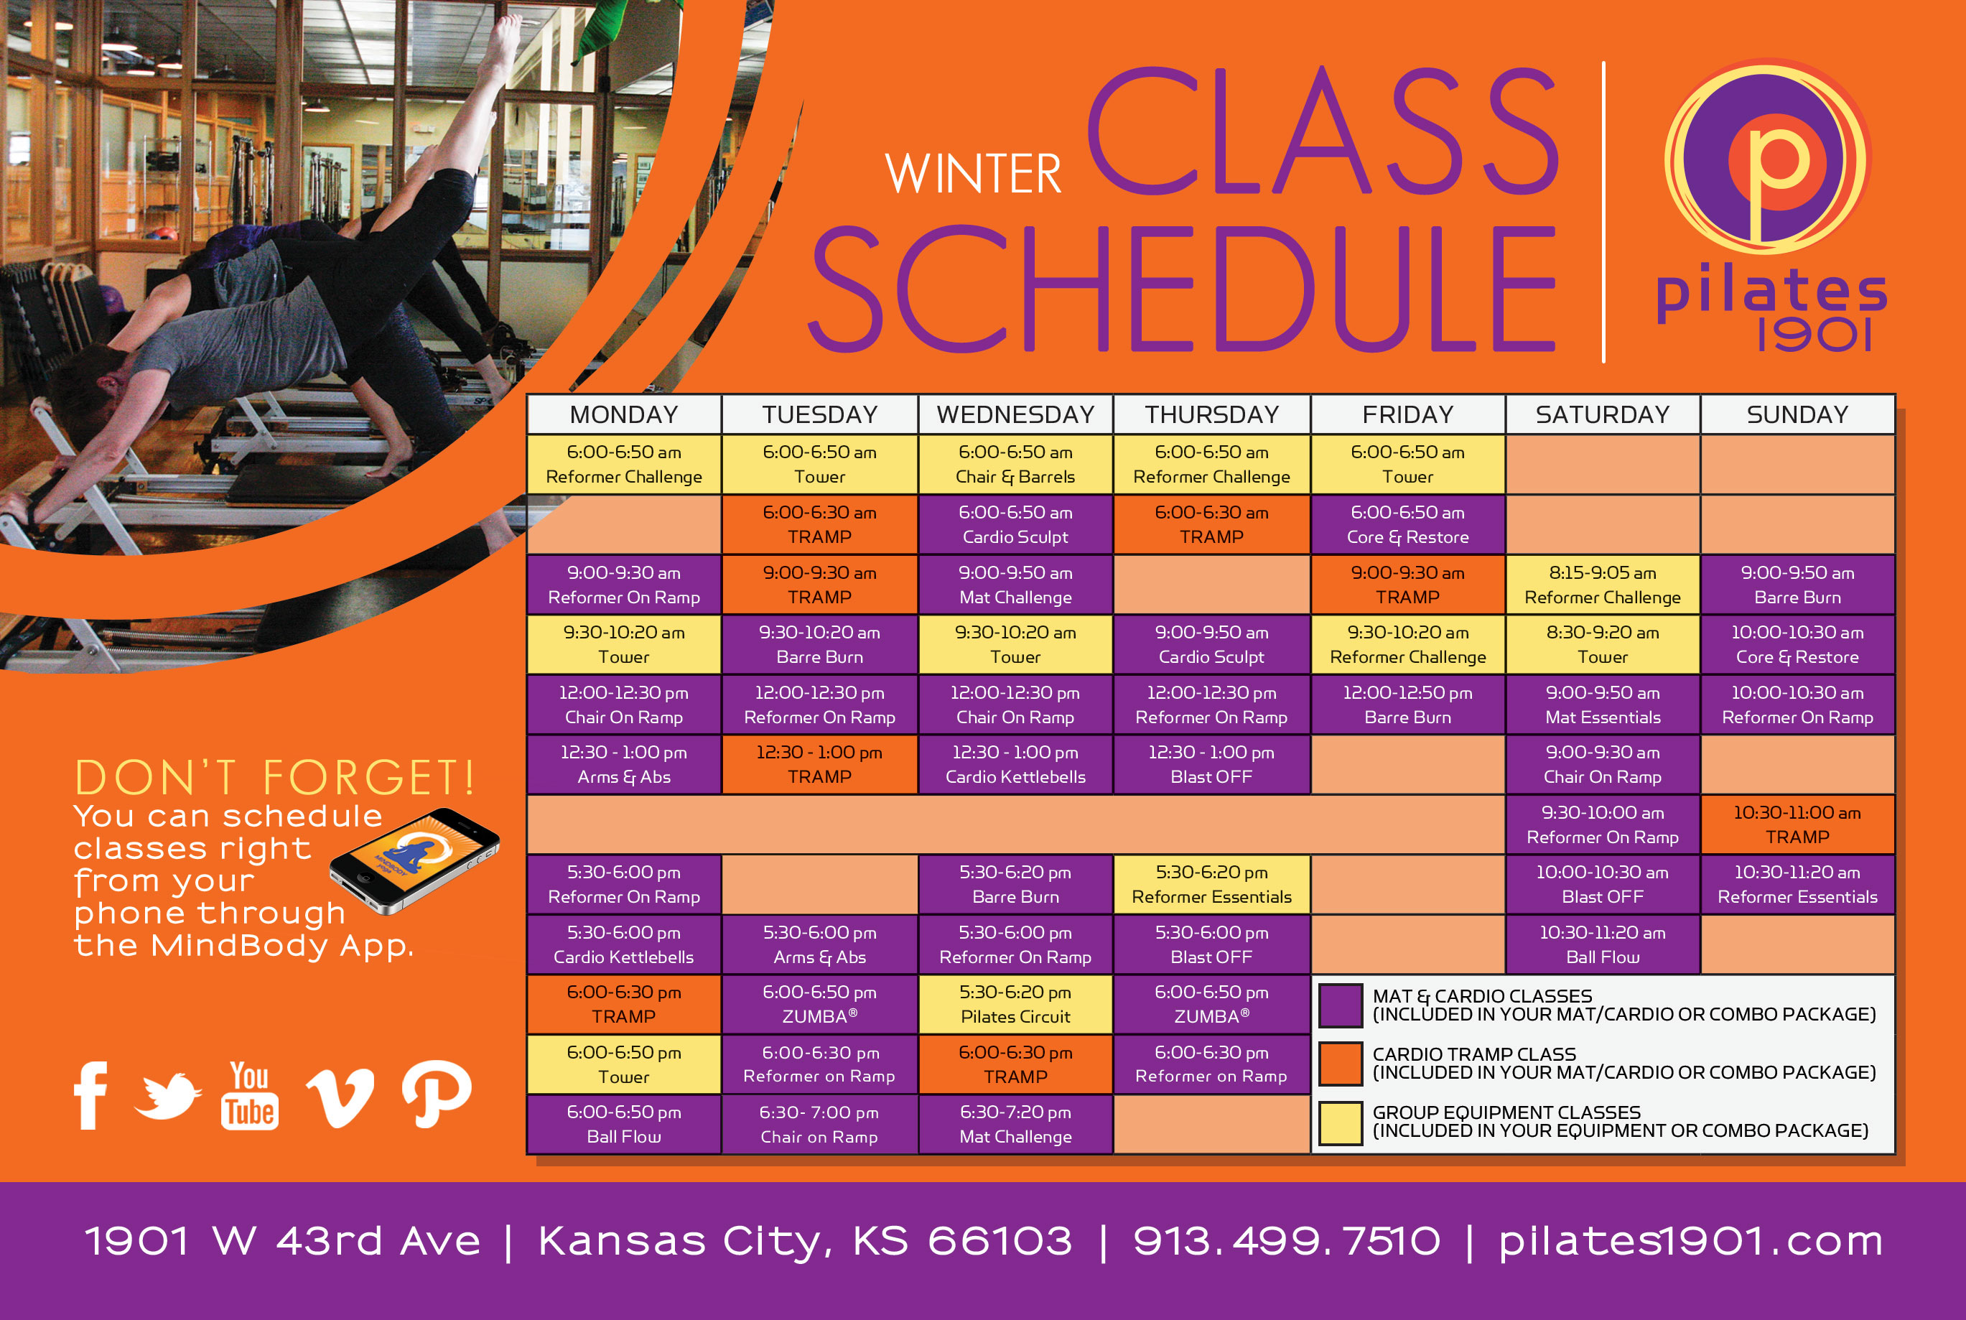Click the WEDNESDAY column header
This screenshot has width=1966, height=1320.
[1015, 414]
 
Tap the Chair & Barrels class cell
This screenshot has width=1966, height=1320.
[1015, 464]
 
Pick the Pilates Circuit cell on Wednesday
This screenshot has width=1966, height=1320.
[1015, 1004]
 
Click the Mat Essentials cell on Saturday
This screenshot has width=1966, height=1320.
[1603, 705]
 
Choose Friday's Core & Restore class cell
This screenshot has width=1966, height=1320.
[1407, 524]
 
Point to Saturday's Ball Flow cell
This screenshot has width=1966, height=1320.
[1603, 944]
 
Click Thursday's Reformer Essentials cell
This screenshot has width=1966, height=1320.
[1211, 885]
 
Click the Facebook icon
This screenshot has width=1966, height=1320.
[90, 1094]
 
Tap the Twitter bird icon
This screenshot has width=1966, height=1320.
[167, 1096]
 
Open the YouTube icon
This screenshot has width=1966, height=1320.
[249, 1094]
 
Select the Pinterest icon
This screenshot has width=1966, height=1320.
[436, 1093]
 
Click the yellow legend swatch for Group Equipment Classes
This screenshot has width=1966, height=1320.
[1340, 1123]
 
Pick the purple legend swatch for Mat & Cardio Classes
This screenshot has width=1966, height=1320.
[1340, 1005]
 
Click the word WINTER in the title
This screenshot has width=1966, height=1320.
[974, 175]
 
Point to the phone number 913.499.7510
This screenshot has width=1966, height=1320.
[1287, 1241]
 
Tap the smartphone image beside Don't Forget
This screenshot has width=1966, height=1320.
[414, 860]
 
